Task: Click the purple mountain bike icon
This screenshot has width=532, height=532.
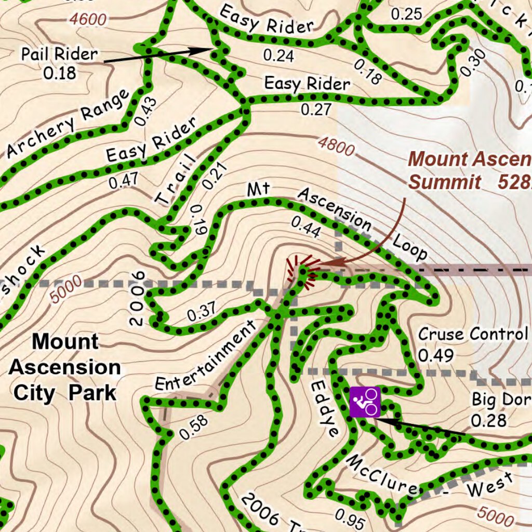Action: coord(365,402)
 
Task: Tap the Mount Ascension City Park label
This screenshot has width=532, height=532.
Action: coord(64,367)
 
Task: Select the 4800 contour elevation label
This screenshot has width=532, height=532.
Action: coord(336,145)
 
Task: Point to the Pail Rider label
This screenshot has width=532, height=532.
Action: coord(59,54)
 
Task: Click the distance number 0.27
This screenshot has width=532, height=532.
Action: coord(315,110)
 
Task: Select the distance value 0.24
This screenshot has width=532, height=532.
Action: coord(278,55)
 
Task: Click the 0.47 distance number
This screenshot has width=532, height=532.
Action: coord(123,180)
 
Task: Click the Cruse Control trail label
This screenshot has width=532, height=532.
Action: coord(473,334)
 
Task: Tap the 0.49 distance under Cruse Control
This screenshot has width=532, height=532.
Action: coord(436,355)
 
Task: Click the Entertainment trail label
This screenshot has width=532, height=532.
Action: coord(206,356)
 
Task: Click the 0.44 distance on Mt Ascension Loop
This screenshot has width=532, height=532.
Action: coord(305,228)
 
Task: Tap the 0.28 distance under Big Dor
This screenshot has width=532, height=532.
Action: coord(488,420)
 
